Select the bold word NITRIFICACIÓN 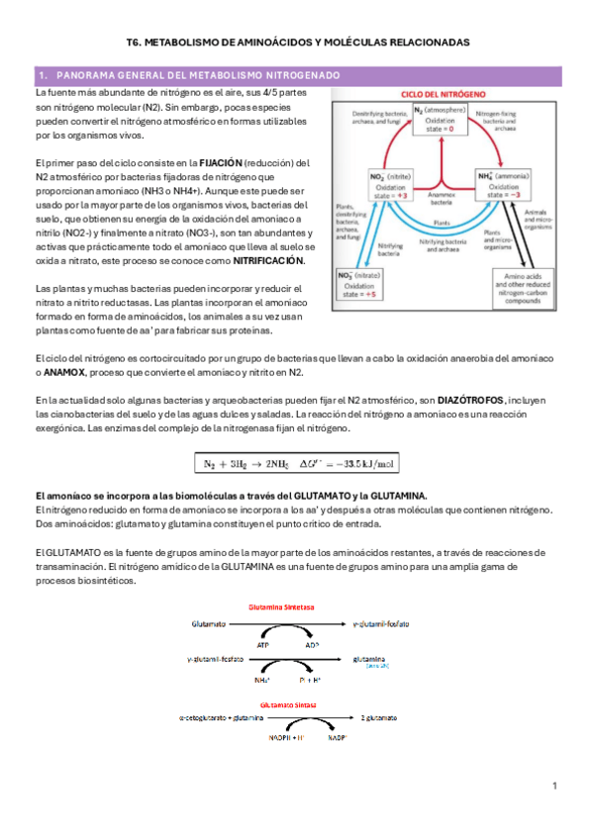click(x=268, y=260)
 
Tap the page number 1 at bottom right click(x=555, y=786)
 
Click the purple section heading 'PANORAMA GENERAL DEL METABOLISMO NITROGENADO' click(x=194, y=75)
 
